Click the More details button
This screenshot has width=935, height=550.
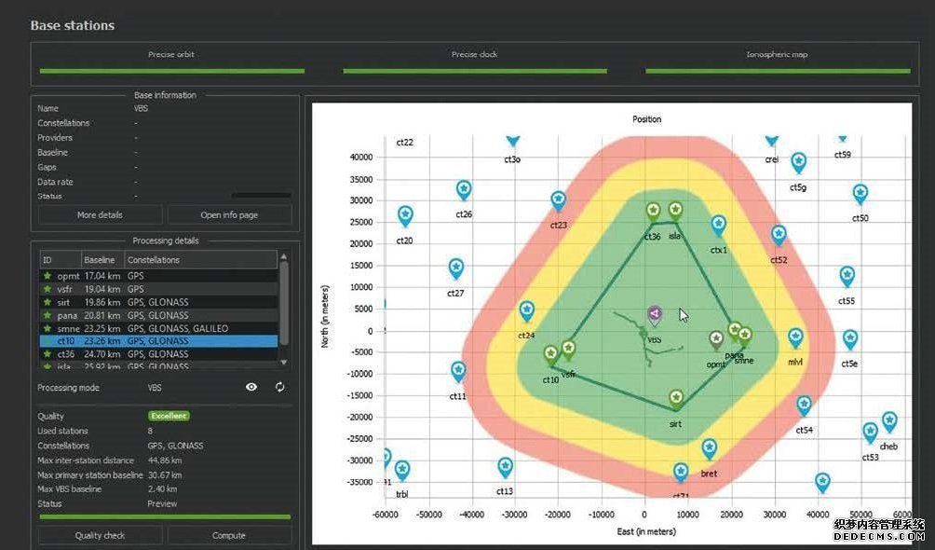click(x=99, y=215)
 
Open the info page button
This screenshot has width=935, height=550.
click(x=229, y=215)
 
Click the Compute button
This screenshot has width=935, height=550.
click(x=229, y=535)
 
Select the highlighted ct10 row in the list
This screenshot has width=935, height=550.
click(x=158, y=341)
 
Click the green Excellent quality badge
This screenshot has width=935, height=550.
click(x=168, y=416)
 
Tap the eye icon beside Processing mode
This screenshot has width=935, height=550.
click(x=251, y=387)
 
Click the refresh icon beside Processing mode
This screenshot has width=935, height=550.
click(x=280, y=387)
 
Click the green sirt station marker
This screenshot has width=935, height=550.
click(x=676, y=399)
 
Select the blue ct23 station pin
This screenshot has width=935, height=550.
click(x=558, y=200)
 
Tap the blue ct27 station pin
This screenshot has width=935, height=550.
click(x=456, y=268)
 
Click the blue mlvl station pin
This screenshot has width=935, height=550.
click(x=795, y=337)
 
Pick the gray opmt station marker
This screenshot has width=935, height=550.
click(x=716, y=339)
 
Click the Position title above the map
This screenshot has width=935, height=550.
click(x=646, y=119)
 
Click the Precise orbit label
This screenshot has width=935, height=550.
click(x=171, y=55)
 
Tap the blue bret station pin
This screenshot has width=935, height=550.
click(x=709, y=450)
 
